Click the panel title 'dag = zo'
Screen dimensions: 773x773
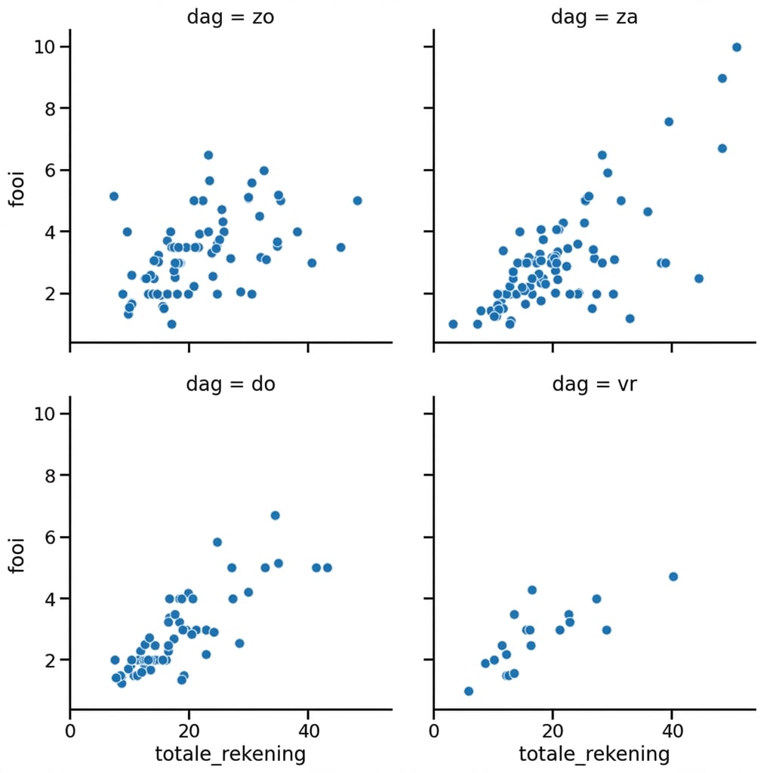click(x=230, y=17)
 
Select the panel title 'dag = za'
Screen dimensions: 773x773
click(x=594, y=17)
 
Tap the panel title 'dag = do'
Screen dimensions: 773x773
click(x=230, y=383)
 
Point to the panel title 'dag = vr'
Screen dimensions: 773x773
click(x=594, y=383)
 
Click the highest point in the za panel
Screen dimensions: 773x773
click(x=737, y=48)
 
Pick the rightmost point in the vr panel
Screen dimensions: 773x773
click(x=673, y=577)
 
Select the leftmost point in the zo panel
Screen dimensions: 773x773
click(x=114, y=196)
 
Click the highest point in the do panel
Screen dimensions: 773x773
click(x=276, y=516)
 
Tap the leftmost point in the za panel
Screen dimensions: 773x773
click(x=453, y=324)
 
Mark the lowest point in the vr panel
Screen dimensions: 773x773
click(x=468, y=691)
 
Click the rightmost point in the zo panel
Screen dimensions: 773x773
click(x=357, y=201)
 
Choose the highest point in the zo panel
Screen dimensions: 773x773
click(x=208, y=155)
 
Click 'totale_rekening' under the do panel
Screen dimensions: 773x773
click(x=230, y=753)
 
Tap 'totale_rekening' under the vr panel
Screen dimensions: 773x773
click(x=594, y=753)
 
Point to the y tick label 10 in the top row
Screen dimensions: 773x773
click(x=43, y=47)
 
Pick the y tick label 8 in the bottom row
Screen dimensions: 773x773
click(x=49, y=476)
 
